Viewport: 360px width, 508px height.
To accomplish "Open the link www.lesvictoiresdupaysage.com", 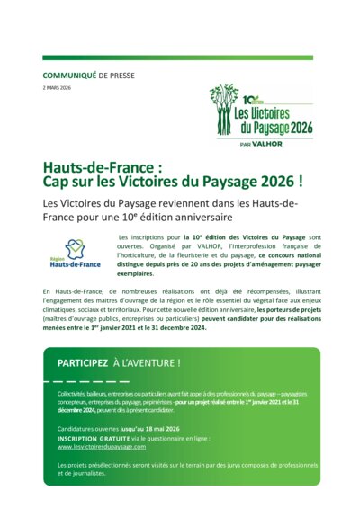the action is coord(101,447).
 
